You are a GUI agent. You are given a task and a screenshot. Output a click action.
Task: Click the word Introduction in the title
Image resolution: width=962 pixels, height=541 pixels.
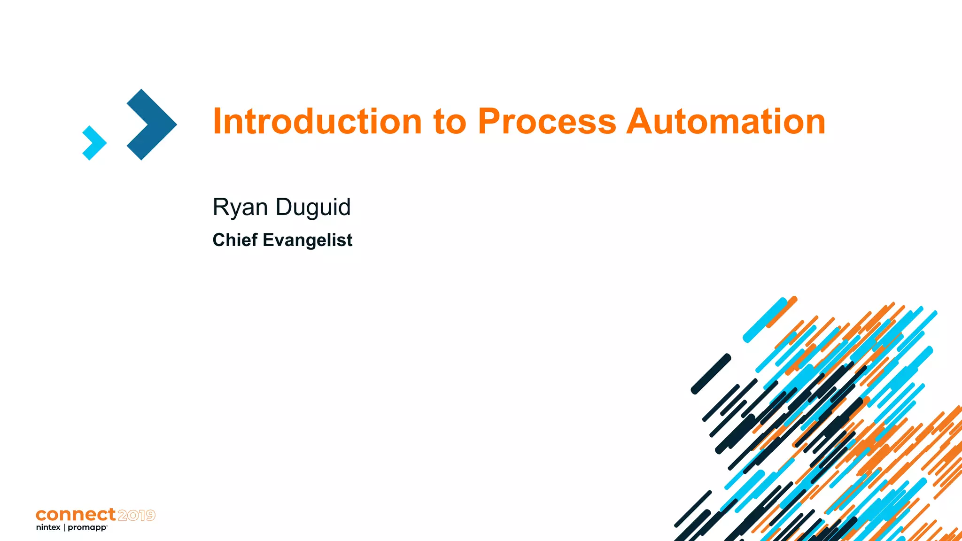coord(317,122)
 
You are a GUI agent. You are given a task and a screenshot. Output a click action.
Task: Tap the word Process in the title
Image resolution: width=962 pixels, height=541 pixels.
coord(547,122)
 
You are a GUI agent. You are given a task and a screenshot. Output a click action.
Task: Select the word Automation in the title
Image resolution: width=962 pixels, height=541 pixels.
coord(726,122)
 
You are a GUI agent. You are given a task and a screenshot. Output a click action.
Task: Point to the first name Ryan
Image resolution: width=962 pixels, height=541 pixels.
coord(240,208)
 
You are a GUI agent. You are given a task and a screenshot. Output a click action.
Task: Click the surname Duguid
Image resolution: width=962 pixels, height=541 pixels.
coord(313,208)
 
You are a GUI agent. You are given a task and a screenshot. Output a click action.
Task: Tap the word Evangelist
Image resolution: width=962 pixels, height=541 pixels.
coord(307,240)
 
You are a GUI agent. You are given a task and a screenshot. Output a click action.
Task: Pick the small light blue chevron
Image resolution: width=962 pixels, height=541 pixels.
coord(94,143)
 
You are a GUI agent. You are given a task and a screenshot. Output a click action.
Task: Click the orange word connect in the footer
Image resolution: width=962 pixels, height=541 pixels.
coord(76,515)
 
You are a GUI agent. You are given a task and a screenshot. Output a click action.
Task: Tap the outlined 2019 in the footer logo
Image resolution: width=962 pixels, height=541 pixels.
coord(136,515)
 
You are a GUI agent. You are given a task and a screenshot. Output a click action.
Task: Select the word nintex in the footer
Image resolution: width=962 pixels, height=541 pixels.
coord(48,527)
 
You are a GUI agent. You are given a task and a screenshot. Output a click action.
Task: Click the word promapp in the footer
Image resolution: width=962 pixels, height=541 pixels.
coord(87,528)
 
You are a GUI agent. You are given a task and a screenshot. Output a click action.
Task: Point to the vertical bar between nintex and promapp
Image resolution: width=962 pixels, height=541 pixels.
coord(64,527)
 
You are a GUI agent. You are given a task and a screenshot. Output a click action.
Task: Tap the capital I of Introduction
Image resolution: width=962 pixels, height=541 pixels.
coord(217,122)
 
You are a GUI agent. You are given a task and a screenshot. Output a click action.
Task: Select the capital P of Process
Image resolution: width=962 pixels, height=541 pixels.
coord(490,122)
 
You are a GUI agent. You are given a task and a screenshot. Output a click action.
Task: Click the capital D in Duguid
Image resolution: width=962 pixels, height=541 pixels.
coord(284,207)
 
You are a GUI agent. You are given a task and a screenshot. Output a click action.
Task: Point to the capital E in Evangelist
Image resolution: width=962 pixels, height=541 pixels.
coord(268,240)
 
